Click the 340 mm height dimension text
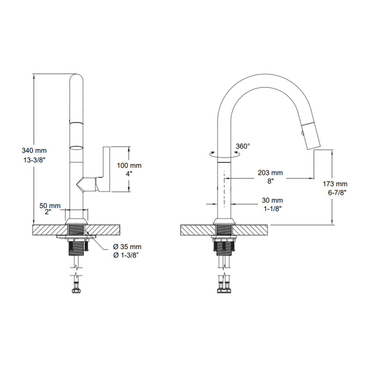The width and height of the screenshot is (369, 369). (x=34, y=150)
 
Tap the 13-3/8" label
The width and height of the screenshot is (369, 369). (x=34, y=160)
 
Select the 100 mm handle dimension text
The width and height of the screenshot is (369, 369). (x=129, y=165)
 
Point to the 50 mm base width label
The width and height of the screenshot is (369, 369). (x=50, y=206)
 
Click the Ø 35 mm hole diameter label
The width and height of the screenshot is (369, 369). (x=127, y=247)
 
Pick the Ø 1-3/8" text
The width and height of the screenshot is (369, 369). (x=125, y=255)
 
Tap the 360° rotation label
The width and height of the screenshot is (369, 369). (x=243, y=146)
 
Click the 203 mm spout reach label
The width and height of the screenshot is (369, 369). (x=270, y=173)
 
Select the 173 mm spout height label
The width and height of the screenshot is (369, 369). (x=335, y=184)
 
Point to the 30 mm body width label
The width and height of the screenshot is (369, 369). (x=273, y=200)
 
